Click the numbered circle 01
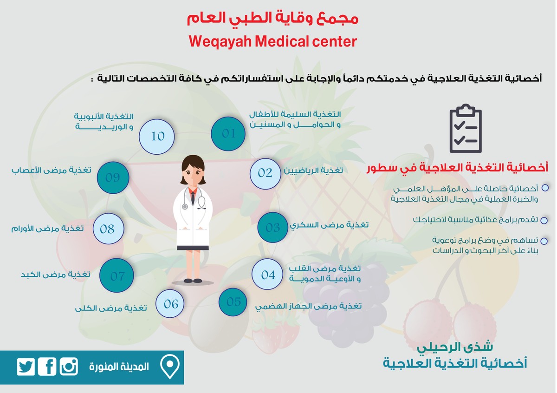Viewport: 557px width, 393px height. coord(228,134)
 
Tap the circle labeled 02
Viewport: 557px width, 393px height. coord(265,173)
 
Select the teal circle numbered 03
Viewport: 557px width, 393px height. coord(273,228)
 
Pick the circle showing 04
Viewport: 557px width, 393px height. coord(268,275)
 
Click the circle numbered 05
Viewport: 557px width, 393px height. coord(234,302)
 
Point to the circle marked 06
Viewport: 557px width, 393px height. coord(171,304)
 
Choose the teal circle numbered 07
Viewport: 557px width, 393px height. coord(117,276)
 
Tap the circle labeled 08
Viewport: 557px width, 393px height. coord(108,229)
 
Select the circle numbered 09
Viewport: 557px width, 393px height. coord(112,177)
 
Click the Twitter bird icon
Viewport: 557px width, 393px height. coord(26,367)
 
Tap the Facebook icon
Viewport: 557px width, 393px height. coord(47,367)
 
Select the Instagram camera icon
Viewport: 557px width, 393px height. coord(69,367)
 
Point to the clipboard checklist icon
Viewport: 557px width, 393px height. coord(465,131)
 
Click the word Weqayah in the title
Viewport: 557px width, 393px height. coord(218,42)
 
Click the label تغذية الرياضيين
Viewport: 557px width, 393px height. coord(313,170)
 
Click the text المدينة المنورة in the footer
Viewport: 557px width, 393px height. coord(119,367)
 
